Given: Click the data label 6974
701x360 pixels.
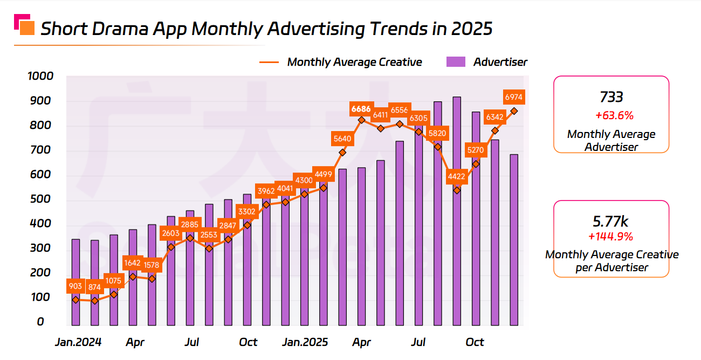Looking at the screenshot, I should pos(514,97).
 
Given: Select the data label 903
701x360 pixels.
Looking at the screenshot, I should pos(75,286).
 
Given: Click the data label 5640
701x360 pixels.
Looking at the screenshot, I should pos(342,139).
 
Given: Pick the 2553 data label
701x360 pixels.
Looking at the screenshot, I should pos(209,235).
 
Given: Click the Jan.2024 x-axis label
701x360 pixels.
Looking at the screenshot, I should pos(78,342).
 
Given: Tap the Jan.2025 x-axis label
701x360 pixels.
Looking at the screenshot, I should pos(305,342).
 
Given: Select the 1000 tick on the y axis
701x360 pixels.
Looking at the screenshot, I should pos(40,76).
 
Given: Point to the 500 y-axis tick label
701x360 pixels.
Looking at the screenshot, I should pos(44,199).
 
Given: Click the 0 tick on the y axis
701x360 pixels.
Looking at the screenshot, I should pos(40,322).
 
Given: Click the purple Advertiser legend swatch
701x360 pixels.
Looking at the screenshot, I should pos(456,62).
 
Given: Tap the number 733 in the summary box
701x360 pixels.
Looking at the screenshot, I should pos(611,97).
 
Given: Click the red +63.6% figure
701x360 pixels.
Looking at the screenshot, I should pos(611,115).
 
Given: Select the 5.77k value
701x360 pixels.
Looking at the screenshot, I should pos(611,221).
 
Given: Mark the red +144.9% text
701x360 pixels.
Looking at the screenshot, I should pos(611,237).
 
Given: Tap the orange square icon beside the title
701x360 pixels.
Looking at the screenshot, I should pos(27,28).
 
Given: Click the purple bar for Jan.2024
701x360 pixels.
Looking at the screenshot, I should pos(75,282).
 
